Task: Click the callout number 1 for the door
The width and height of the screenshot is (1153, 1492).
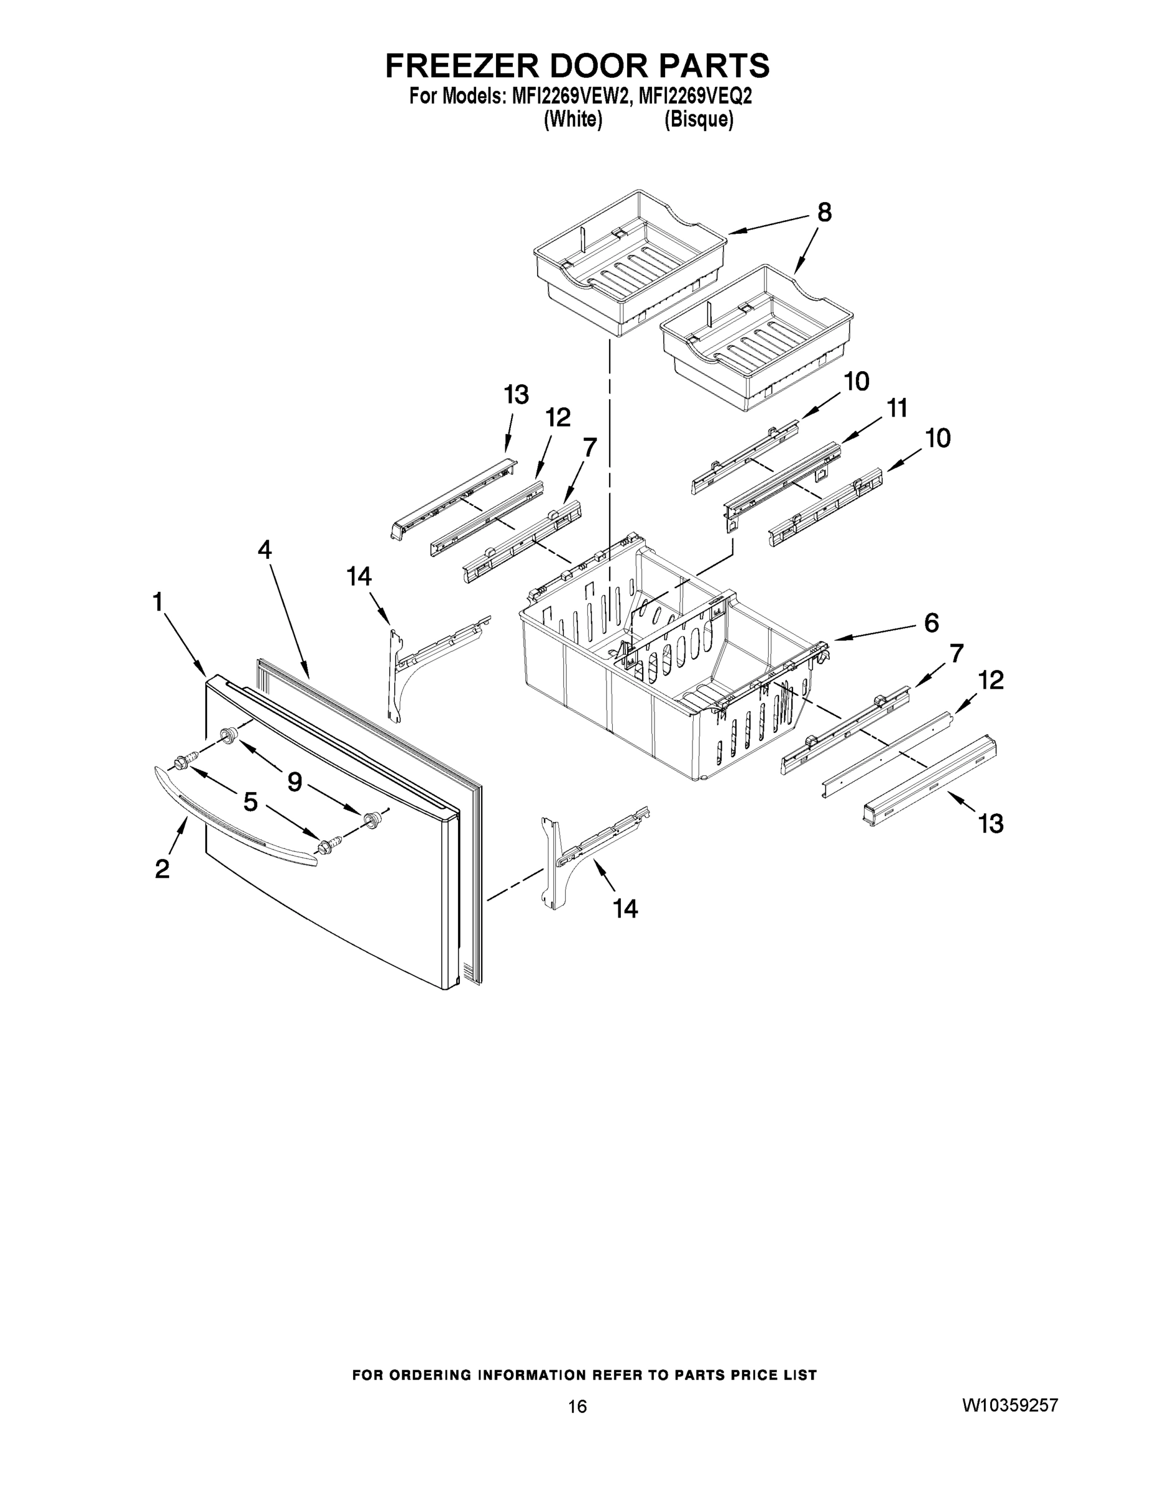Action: [x=158, y=602]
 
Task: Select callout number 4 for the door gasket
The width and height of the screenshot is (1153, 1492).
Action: [x=264, y=550]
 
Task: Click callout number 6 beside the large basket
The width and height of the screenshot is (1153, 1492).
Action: [x=931, y=622]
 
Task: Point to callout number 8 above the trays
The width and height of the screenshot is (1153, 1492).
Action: [x=824, y=213]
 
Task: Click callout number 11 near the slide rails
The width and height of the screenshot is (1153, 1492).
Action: [x=896, y=408]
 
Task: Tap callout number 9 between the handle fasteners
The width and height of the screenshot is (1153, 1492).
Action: [x=295, y=781]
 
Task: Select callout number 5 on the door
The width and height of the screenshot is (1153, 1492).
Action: [x=250, y=802]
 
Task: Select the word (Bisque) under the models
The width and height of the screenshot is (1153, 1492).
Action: [x=699, y=120]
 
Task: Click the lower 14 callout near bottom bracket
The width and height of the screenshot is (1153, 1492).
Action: [x=625, y=909]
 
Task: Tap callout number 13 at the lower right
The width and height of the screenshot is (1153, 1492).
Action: [x=990, y=824]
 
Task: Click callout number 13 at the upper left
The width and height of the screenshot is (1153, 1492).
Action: [x=516, y=395]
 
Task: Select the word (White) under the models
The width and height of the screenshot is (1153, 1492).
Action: [x=572, y=120]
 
